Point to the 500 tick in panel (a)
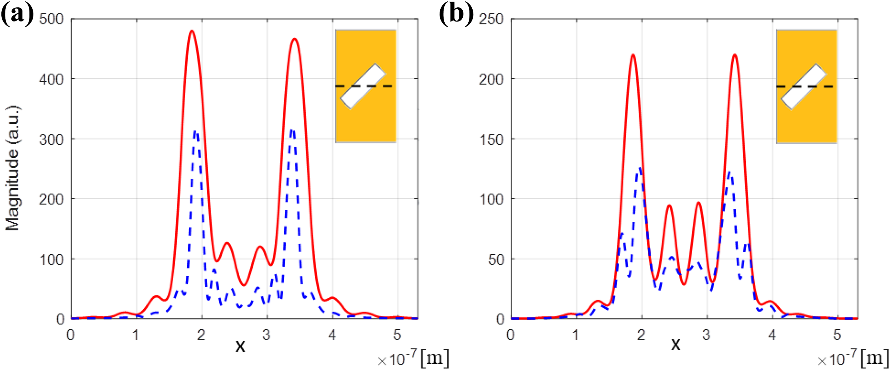coord(51,19)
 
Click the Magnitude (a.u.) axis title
coord(13,168)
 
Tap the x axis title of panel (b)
coord(675,344)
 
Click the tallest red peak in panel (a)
coord(192,31)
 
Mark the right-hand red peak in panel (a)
coord(294,39)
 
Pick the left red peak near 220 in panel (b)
coord(633,55)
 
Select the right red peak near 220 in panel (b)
coord(735,55)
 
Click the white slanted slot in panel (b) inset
coord(804,87)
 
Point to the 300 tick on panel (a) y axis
coord(51,139)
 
